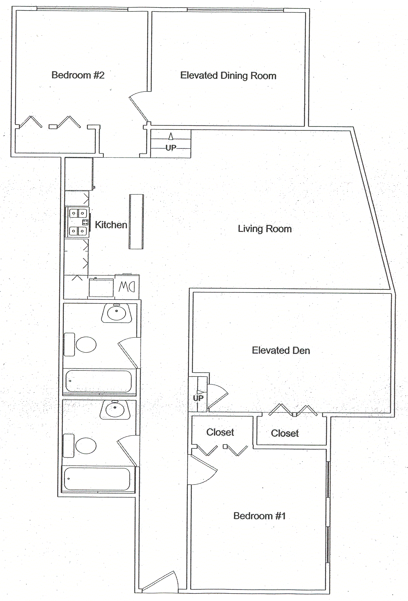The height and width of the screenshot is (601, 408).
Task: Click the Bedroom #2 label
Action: pyautogui.click(x=78, y=75)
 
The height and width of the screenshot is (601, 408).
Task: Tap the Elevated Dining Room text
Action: pyautogui.click(x=228, y=76)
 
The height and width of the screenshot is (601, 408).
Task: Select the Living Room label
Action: pyautogui.click(x=264, y=229)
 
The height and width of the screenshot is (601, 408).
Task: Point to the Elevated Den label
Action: pyautogui.click(x=281, y=350)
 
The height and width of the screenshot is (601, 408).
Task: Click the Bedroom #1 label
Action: pyautogui.click(x=259, y=516)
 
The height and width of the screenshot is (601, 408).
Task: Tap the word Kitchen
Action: pyautogui.click(x=111, y=225)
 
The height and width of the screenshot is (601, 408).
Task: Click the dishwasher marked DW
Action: pyautogui.click(x=127, y=287)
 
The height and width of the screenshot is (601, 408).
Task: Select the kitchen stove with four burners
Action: pyautogui.click(x=78, y=222)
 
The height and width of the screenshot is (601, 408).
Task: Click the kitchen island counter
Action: pyautogui.click(x=136, y=222)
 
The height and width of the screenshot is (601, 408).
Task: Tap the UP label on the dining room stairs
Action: pyautogui.click(x=171, y=148)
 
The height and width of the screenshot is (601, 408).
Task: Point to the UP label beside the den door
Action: pyautogui.click(x=198, y=398)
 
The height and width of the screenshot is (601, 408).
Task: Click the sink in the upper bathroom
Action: pyautogui.click(x=117, y=313)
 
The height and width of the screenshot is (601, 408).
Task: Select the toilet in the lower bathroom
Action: pyautogui.click(x=86, y=446)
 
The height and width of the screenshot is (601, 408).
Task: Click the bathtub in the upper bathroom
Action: pyautogui.click(x=98, y=381)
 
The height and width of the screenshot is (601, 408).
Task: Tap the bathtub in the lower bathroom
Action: pyautogui.click(x=97, y=479)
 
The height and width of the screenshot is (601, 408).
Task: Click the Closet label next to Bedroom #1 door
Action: pyautogui.click(x=220, y=432)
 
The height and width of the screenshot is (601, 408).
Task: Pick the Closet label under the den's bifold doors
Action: pyautogui.click(x=285, y=433)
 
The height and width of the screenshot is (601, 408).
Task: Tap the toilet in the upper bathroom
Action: pyautogui.click(x=86, y=345)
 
